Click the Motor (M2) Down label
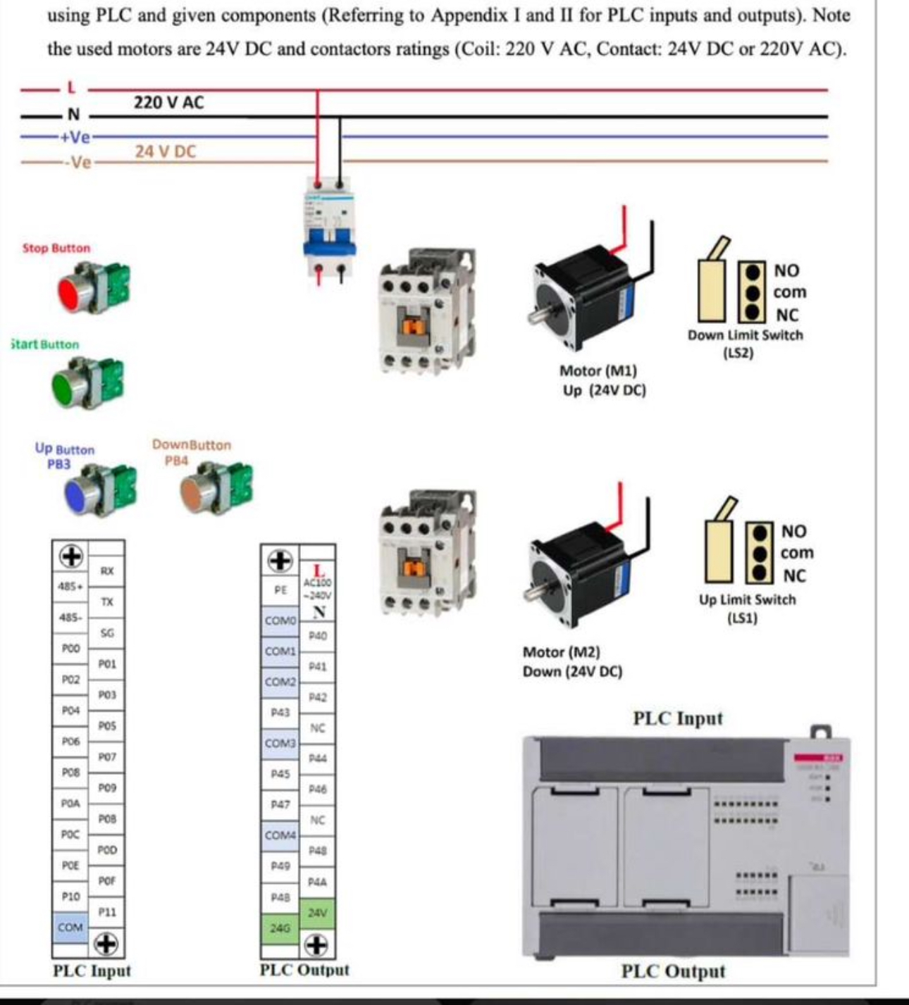click(x=571, y=662)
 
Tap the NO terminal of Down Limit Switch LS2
click(x=753, y=271)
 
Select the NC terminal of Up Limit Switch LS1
click(x=759, y=574)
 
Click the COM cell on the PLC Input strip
click(x=70, y=928)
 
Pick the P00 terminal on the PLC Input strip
click(x=70, y=649)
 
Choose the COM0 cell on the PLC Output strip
click(x=280, y=620)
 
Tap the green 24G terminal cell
click(x=280, y=928)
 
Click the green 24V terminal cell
click(x=317, y=913)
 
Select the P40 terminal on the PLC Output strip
click(x=317, y=636)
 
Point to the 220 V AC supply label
click(x=168, y=103)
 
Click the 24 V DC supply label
click(x=166, y=151)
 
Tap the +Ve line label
click(x=75, y=137)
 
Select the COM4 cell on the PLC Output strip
click(x=280, y=835)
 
